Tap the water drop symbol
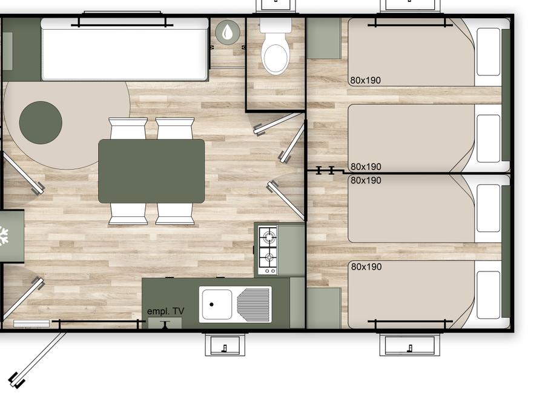228,32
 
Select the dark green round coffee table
41,122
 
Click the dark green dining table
151,171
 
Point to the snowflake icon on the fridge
4,236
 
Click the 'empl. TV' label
165,311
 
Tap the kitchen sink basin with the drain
216,304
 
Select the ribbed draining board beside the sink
253,305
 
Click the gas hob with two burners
268,250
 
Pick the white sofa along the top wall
125,49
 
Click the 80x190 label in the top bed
365,81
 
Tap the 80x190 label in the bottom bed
366,267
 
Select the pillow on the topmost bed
488,52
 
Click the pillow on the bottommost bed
488,295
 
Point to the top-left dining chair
128,128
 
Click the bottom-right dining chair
175,214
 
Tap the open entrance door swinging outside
39,359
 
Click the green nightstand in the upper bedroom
323,38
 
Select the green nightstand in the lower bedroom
323,308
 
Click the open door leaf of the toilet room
279,123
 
